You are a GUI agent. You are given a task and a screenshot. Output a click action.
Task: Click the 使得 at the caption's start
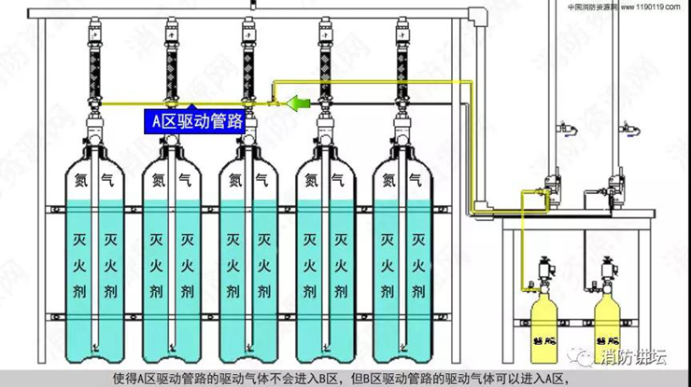[x=124, y=378]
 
